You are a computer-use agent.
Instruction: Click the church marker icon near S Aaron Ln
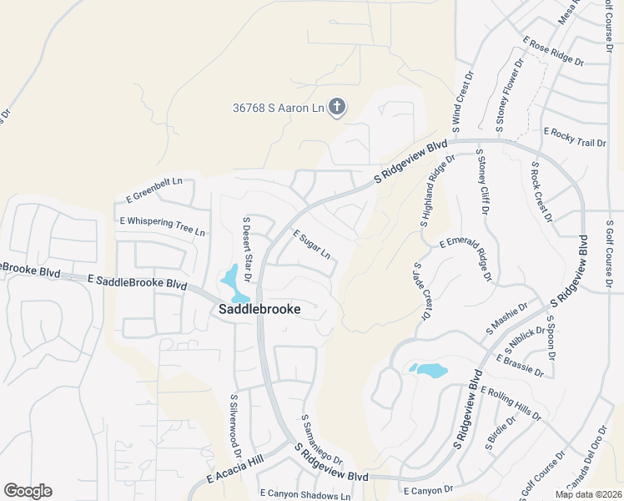[x=337, y=107]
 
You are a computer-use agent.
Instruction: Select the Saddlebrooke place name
[x=259, y=308]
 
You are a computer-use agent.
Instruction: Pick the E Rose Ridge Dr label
[x=553, y=51]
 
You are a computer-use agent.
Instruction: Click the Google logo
[x=28, y=491]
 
